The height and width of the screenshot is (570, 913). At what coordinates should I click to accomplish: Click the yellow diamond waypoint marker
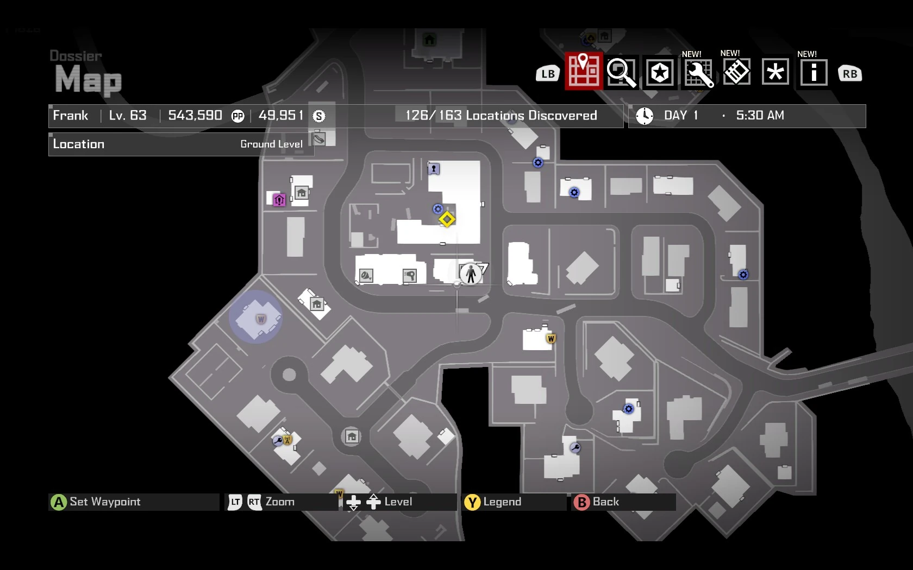[x=447, y=219]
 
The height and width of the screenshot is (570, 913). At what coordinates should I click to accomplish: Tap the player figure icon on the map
[x=471, y=274]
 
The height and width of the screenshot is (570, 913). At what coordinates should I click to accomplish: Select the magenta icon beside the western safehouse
[x=279, y=200]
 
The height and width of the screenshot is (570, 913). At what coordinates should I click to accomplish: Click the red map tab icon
[x=584, y=71]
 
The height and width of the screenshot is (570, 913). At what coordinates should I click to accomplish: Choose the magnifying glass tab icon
[x=621, y=72]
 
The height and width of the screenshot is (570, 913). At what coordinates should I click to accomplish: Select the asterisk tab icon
[x=775, y=72]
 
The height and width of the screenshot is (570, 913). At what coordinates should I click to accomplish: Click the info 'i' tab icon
[x=814, y=72]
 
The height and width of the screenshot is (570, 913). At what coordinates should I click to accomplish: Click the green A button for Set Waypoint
[x=58, y=502]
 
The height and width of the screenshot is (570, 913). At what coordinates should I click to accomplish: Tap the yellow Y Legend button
[x=472, y=502]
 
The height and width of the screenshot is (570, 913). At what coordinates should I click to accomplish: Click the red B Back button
[x=581, y=502]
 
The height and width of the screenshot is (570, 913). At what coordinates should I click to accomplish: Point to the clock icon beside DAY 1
[x=645, y=116]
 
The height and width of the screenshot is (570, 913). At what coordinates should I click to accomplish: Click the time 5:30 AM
[x=760, y=116]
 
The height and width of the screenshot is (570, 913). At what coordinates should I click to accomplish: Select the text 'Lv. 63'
[x=128, y=116]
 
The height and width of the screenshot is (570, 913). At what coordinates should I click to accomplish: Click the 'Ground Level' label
[x=271, y=144]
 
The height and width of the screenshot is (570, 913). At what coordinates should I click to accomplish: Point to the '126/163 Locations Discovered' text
[x=501, y=116]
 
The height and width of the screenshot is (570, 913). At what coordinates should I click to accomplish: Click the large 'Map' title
[x=88, y=80]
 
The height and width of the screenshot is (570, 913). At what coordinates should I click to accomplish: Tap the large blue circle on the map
[x=255, y=317]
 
